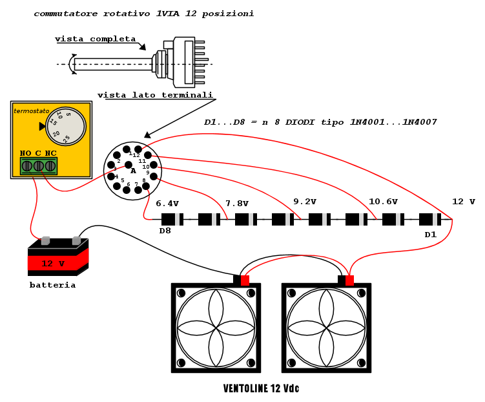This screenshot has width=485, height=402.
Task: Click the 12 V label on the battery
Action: (x=53, y=264)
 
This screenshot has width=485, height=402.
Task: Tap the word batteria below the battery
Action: (x=52, y=285)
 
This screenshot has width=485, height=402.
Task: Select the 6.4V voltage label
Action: (x=167, y=204)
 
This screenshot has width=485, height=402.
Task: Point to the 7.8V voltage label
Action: (x=237, y=204)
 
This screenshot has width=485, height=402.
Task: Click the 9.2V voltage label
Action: (x=305, y=201)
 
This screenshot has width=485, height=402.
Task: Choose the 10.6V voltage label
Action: (x=383, y=202)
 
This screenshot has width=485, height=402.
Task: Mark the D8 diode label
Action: (x=166, y=231)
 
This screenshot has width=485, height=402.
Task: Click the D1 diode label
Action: (x=431, y=235)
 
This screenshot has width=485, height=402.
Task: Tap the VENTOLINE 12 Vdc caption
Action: (x=261, y=389)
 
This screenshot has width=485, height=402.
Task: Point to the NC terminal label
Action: (x=50, y=153)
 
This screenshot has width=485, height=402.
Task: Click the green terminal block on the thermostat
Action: (x=39, y=166)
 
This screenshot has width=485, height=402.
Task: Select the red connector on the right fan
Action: (x=349, y=280)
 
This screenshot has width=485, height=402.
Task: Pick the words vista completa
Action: (x=96, y=39)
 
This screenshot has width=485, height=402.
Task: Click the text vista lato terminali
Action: (x=155, y=96)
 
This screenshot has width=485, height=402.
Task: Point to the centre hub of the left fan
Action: (x=216, y=328)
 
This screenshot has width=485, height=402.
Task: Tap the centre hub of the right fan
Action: (x=326, y=328)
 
